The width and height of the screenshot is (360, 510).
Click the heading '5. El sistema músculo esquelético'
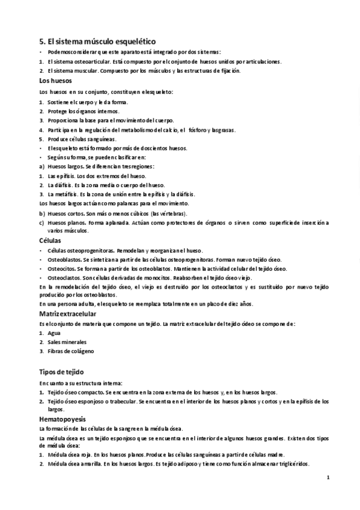(x=97, y=41)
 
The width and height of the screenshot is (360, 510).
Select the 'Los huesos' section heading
(x=55, y=80)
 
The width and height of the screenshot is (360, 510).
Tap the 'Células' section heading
(x=50, y=241)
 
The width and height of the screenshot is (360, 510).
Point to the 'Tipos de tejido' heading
(x=61, y=372)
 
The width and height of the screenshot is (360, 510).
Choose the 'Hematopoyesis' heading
(x=63, y=418)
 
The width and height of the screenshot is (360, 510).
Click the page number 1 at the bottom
(x=328, y=478)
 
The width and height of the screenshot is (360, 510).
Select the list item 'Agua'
(x=53, y=333)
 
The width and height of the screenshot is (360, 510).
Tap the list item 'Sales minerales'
(x=66, y=342)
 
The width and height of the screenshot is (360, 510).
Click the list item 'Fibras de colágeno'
(x=70, y=351)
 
